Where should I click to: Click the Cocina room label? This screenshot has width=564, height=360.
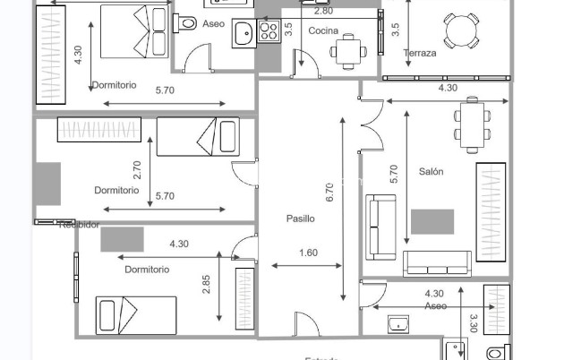point(323,30)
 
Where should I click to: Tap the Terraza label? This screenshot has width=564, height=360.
point(420,53)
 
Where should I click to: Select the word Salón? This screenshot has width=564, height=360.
point(432,171)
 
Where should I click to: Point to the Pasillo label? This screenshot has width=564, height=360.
point(301,219)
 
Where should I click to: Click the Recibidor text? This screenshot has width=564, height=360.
point(79,225)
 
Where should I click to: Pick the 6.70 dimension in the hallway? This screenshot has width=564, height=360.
point(330,190)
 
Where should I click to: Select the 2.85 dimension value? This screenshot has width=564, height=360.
point(207,285)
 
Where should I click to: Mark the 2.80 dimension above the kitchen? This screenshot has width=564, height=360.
point(323,11)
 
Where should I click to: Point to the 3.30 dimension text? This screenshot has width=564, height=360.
point(474,321)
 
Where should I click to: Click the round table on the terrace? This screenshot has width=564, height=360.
point(464,30)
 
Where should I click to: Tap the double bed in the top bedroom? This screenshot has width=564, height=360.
point(133,32)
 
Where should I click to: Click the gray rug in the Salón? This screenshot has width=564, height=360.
point(432,221)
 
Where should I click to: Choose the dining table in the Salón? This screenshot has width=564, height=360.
point(472,124)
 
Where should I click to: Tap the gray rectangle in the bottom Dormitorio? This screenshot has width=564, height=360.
point(122,239)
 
